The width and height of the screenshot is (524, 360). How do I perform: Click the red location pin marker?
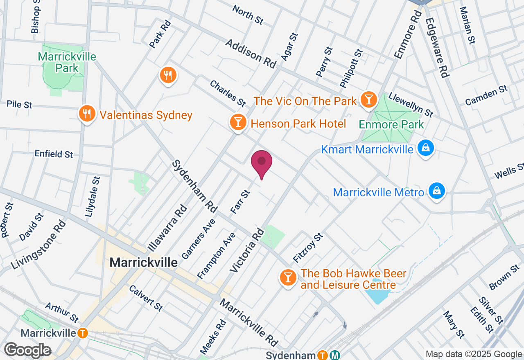[262, 162]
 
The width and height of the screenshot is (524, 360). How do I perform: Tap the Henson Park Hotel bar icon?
[237, 122]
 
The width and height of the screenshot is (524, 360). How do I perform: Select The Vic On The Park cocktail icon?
[368, 99]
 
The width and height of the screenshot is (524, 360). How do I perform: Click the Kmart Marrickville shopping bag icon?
[426, 148]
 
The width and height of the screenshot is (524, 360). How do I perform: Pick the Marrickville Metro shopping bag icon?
[437, 191]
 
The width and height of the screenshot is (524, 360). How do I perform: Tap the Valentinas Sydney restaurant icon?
[87, 114]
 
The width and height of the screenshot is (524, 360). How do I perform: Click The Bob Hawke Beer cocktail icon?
[288, 278]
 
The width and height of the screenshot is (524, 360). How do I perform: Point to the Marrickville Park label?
[67, 62]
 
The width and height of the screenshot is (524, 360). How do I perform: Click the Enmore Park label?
[391, 124]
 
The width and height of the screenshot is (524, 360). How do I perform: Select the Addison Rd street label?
[251, 54]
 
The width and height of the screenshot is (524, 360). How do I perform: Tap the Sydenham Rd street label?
[194, 186]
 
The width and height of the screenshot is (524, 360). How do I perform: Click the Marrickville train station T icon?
[83, 333]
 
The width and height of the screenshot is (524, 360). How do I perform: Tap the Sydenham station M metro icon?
[335, 355]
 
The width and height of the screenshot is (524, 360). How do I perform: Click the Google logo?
[27, 350]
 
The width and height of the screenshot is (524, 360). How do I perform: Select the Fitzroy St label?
[308, 248]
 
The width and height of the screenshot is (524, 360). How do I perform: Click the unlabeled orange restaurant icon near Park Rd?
[167, 75]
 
